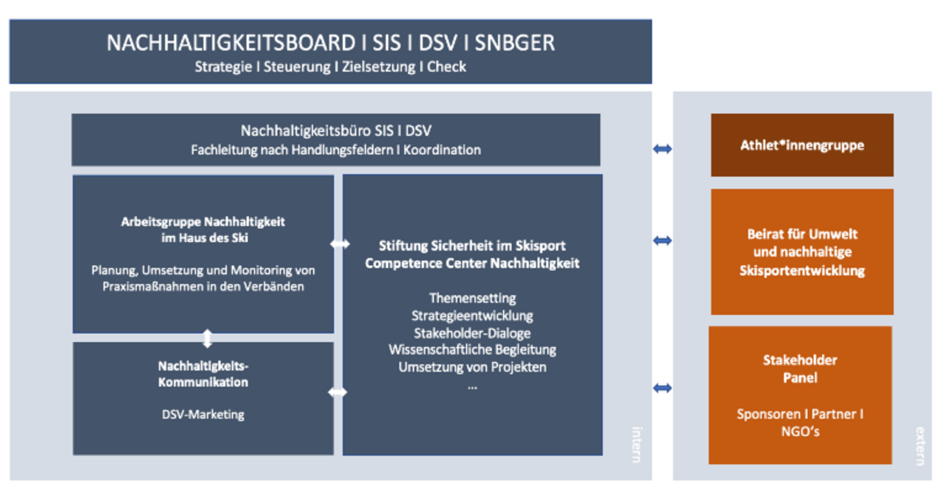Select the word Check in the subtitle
pos(446,67)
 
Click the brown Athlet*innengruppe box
pos(802,145)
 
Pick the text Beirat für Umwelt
pos(802,234)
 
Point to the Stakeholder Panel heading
pos(799,369)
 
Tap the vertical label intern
pos(637,443)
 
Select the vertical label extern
pos(919,445)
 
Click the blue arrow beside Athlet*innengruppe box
pos(662,149)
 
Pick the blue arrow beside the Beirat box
pos(662,240)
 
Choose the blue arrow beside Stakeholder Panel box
pos(662,388)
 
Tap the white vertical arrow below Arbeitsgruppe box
pos(207,338)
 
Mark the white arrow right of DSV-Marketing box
pos(337,393)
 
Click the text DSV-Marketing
pos(203,414)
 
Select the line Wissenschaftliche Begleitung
pos(472,349)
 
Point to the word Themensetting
pos(472,299)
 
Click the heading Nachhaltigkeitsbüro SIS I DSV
pos(336,131)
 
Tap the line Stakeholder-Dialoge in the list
pos(472,333)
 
